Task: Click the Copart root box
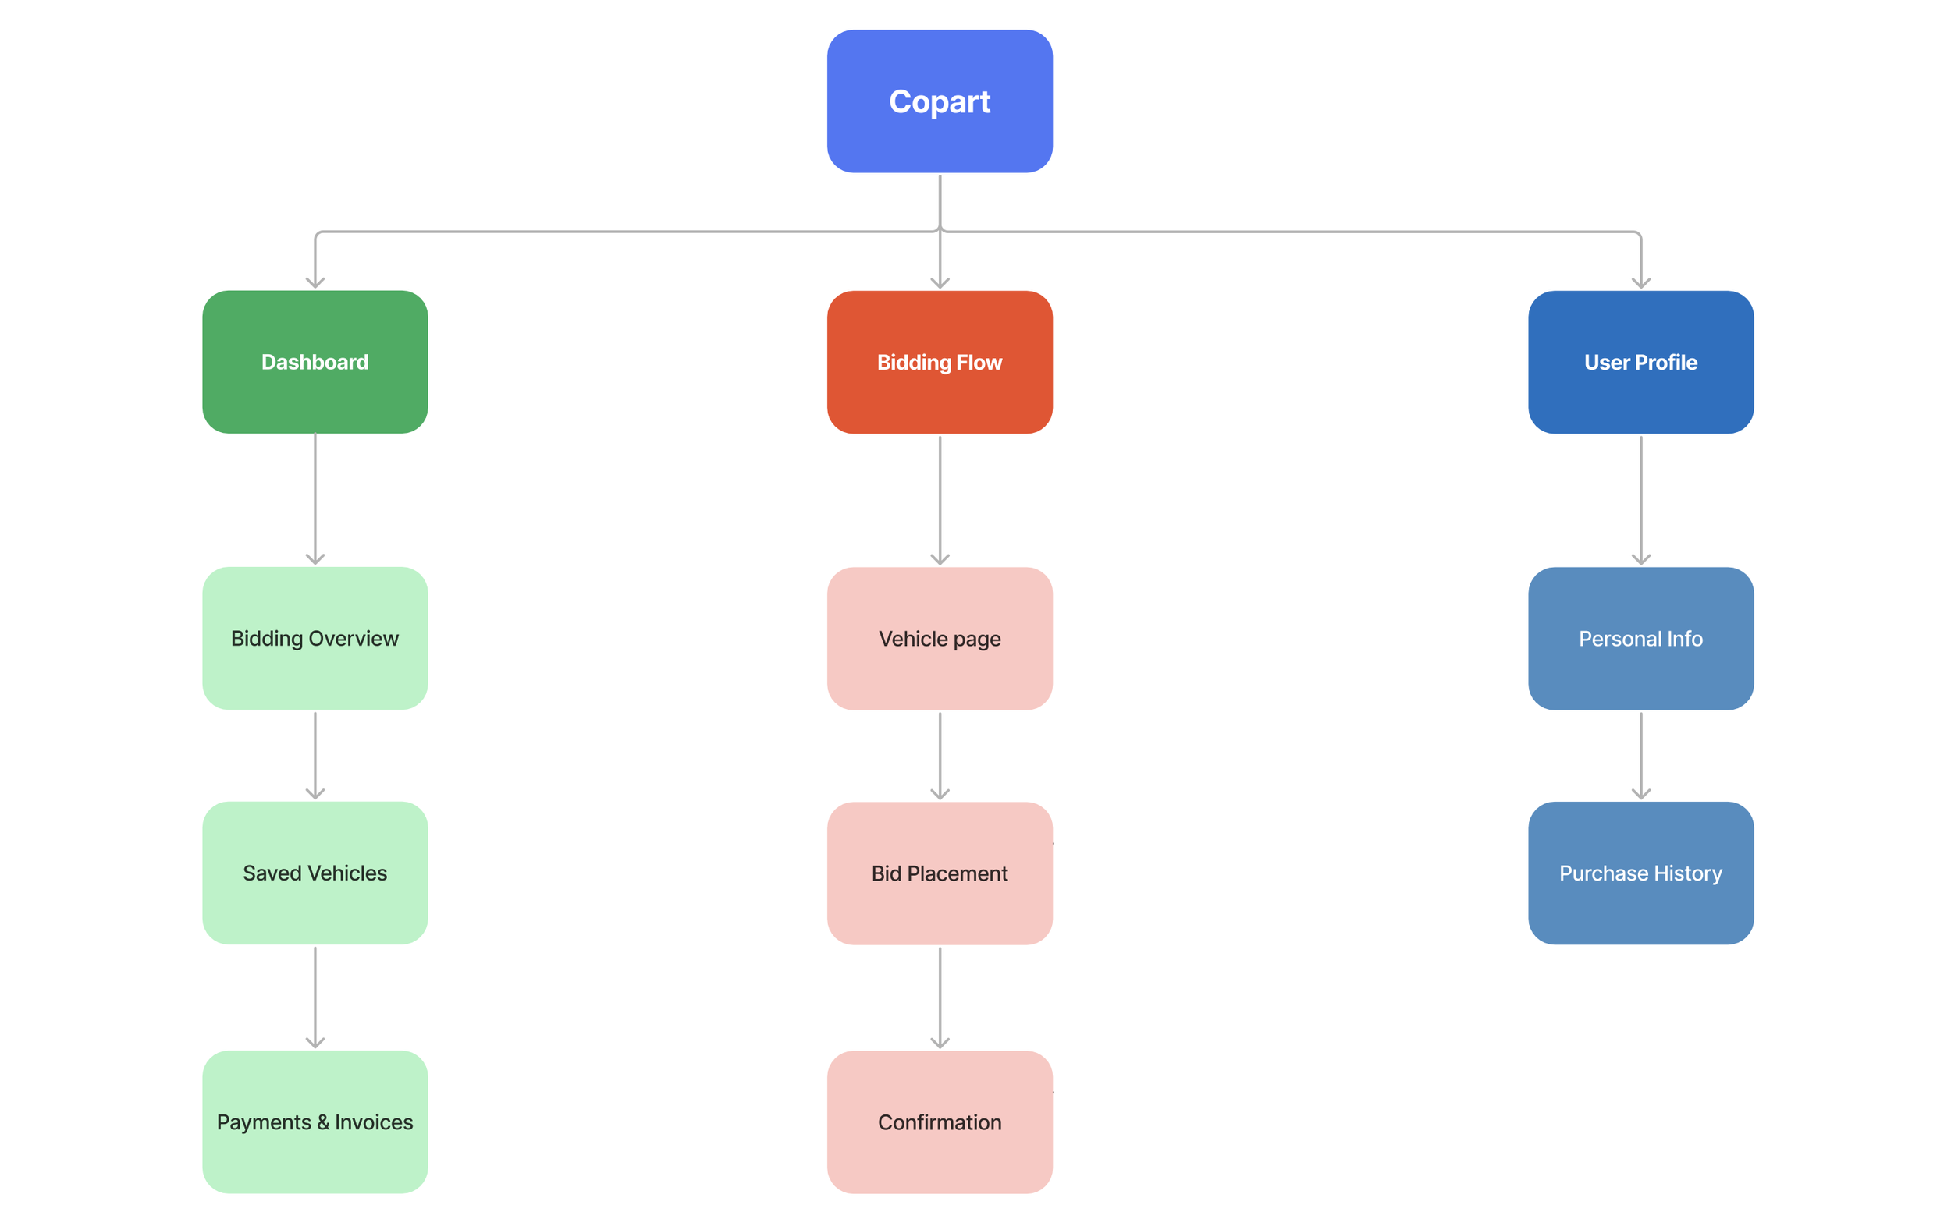pyautogui.click(x=939, y=101)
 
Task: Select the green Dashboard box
pyautogui.click(x=315, y=362)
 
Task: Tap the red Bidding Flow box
pyautogui.click(x=939, y=362)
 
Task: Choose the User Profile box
pyautogui.click(x=1640, y=362)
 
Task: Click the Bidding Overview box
pyautogui.click(x=315, y=638)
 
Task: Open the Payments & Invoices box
pyautogui.click(x=315, y=1122)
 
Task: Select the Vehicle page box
pyautogui.click(x=939, y=638)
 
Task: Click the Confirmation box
pyautogui.click(x=939, y=1122)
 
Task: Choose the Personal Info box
pyautogui.click(x=1640, y=638)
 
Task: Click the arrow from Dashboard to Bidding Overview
pyautogui.click(x=315, y=500)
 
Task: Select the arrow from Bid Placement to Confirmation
pyautogui.click(x=939, y=998)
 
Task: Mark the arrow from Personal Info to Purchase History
pyautogui.click(x=1640, y=756)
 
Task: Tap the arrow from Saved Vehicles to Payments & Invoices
pyautogui.click(x=315, y=998)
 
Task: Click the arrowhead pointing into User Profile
pyautogui.click(x=1640, y=282)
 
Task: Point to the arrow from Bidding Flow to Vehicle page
pyautogui.click(x=939, y=500)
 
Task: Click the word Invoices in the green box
pyautogui.click(x=374, y=1122)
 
